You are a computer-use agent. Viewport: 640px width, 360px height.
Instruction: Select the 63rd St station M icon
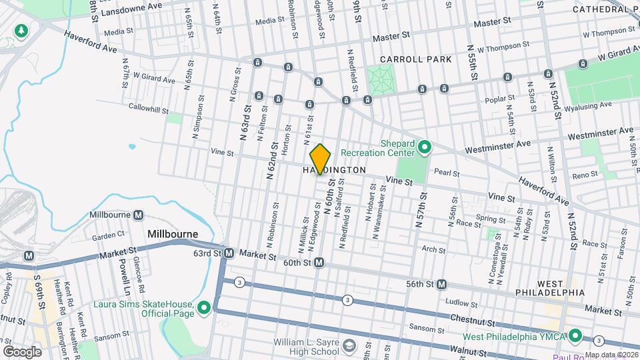(229, 253)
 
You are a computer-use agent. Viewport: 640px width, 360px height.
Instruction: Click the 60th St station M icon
(319, 263)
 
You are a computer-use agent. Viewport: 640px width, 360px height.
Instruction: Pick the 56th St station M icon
(441, 284)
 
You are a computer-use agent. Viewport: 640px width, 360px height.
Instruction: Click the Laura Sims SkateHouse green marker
(205, 307)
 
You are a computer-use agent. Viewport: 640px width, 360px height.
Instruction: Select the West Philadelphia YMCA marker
(577, 335)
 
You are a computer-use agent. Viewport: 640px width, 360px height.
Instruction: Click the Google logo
(22, 351)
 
